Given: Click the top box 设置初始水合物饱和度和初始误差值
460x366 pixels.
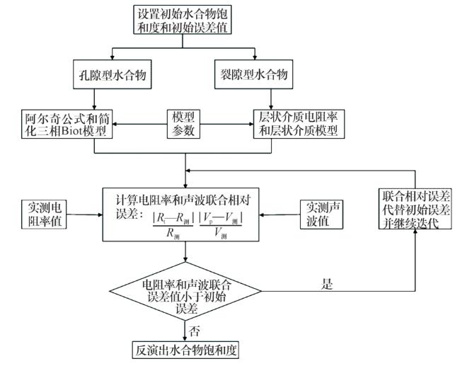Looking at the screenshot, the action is pyautogui.click(x=182, y=20).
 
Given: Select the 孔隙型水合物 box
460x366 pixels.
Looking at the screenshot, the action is pyautogui.click(x=112, y=74).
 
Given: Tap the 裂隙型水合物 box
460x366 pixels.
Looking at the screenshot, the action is pyautogui.click(x=254, y=74).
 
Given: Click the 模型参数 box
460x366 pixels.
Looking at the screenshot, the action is pyautogui.click(x=183, y=124).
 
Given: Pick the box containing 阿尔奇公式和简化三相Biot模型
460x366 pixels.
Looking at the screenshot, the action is pyautogui.click(x=67, y=124).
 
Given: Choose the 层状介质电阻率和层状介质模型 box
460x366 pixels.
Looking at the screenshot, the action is pyautogui.click(x=299, y=124).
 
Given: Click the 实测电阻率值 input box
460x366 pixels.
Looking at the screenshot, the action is pyautogui.click(x=44, y=215).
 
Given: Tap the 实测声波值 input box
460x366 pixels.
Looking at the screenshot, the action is pyautogui.click(x=321, y=215).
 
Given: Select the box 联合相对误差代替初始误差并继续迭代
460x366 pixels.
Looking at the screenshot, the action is pyautogui.click(x=415, y=209).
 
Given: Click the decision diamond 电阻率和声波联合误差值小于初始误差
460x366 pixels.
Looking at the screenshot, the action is pyautogui.click(x=185, y=291).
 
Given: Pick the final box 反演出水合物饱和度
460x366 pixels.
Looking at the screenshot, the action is pyautogui.click(x=185, y=350).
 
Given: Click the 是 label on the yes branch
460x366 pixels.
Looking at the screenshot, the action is pyautogui.click(x=327, y=284).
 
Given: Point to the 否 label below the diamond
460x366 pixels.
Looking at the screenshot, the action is pyautogui.click(x=195, y=331).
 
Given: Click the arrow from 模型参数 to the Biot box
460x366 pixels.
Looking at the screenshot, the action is pyautogui.click(x=140, y=124).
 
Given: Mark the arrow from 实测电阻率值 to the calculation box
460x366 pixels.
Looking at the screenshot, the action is pyautogui.click(x=84, y=215).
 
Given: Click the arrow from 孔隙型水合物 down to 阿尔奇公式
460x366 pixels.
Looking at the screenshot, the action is pyautogui.click(x=94, y=99).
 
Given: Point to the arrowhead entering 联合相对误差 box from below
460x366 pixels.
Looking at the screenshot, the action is pyautogui.click(x=415, y=231).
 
